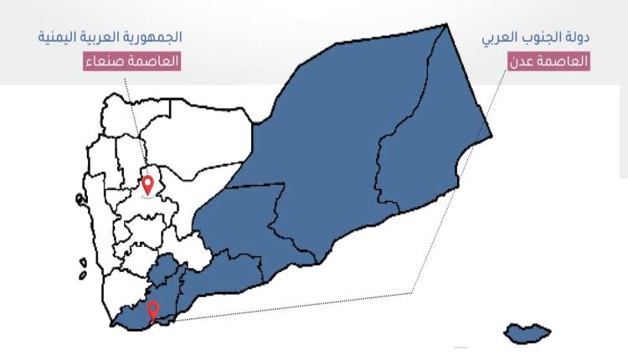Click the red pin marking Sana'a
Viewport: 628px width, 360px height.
pos(148,185)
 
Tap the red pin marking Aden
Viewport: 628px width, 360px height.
pos(152,311)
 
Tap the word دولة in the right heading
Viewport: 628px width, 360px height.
pos(577,38)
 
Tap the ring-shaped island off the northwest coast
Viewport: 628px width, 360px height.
pos(79,199)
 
